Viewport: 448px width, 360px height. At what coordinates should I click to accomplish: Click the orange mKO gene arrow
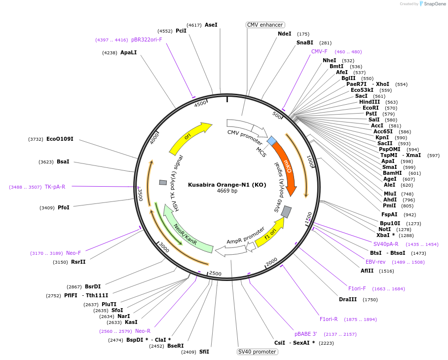pos(286,165)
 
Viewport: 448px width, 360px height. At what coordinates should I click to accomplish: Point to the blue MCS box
pos(272,141)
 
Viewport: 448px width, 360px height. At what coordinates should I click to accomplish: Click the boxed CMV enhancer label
pos(265,25)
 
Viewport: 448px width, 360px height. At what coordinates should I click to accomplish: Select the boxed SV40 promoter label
pos(257,352)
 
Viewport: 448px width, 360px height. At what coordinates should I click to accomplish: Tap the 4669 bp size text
pos(227,191)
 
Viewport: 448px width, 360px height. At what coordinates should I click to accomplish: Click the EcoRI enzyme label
pos(371,108)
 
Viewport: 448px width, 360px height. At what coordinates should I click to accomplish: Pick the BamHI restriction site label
pos(392,173)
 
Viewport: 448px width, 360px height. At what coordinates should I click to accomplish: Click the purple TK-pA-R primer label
pos(55,187)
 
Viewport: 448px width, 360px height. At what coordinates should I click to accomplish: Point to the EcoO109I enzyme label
pos(60,139)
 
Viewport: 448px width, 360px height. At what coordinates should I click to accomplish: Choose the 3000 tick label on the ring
pos(164,248)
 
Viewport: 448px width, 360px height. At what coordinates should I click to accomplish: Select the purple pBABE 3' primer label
pos(306,334)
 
